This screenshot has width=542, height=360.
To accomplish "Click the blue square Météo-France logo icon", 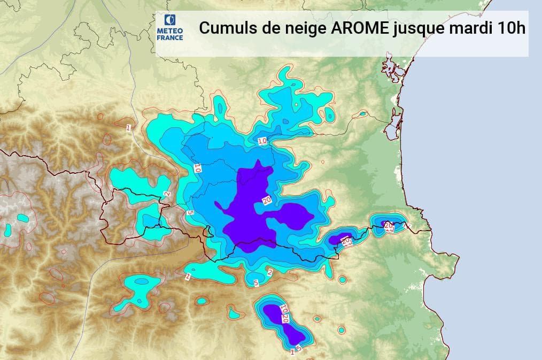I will tap(170, 20).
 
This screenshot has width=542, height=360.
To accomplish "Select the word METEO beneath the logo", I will tap(170, 31).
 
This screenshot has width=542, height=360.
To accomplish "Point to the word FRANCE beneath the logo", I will tap(170, 37).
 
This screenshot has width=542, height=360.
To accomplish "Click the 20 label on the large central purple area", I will tap(266, 201).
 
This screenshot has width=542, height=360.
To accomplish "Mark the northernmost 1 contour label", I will tap(128, 127).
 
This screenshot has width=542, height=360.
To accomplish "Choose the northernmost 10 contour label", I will tap(262, 141).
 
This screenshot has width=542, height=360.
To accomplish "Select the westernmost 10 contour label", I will tap(197, 167).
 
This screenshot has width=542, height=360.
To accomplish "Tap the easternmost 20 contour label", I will tap(389, 225).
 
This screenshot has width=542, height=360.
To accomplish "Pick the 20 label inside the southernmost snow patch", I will tap(285, 319).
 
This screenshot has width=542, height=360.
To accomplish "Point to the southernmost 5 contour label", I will tap(299, 348).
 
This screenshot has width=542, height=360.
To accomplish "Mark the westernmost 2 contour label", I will tap(167, 194).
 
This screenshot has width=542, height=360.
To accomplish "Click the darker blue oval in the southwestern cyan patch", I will tap(141, 281).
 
